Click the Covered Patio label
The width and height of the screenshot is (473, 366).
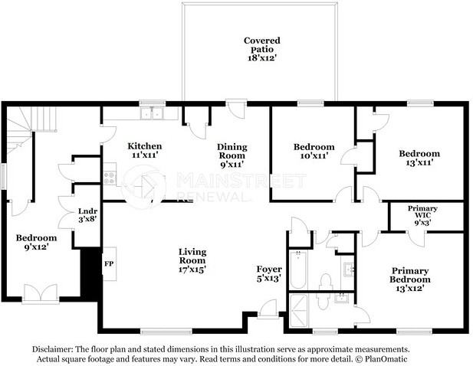click(262, 49)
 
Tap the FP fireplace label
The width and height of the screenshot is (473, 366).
click(109, 264)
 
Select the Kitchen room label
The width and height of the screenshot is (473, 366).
click(145, 150)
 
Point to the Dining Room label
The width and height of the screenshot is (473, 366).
click(232, 155)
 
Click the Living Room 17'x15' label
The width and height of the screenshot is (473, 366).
click(192, 260)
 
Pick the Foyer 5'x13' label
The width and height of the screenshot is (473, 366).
click(269, 273)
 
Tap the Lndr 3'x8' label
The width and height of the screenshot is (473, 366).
click(87, 215)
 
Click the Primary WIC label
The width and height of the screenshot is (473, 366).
click(422, 215)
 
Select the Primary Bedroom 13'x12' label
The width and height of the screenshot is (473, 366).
click(410, 279)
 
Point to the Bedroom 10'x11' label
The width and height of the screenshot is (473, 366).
click(314, 151)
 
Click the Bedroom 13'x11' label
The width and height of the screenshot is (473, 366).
click(419, 158)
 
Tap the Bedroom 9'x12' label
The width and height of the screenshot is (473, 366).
click(36, 242)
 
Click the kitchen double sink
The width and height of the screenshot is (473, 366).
click(153, 113)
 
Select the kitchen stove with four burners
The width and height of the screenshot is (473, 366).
click(109, 178)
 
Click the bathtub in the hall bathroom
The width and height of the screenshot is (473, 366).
click(298, 270)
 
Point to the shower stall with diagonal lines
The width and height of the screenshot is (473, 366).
click(298, 311)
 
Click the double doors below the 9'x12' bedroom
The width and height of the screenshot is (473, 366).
click(41, 293)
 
